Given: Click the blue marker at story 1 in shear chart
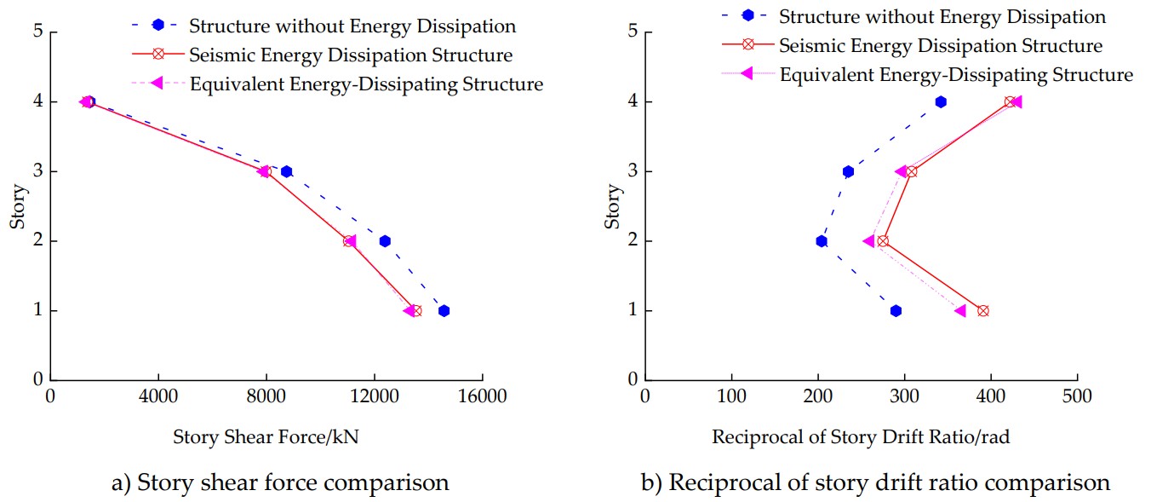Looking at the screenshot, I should [x=444, y=311].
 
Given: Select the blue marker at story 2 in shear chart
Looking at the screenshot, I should [x=385, y=241].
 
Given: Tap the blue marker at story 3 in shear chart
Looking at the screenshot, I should [x=286, y=171].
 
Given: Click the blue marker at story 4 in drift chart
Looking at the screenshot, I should [x=941, y=102].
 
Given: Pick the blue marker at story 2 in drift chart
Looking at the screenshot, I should [x=822, y=241].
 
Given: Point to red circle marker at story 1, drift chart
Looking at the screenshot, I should [x=983, y=311].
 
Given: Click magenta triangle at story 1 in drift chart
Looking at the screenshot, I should [x=961, y=311].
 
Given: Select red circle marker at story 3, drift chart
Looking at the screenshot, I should [x=912, y=171].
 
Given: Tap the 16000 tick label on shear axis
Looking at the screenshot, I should [x=482, y=397].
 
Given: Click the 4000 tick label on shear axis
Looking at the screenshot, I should [x=158, y=397].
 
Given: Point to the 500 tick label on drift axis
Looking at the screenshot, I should [x=1077, y=397].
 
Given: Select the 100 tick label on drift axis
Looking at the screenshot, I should [x=731, y=397].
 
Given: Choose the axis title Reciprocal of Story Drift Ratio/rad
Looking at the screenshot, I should [x=861, y=438].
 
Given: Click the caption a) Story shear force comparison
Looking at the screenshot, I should [x=280, y=483].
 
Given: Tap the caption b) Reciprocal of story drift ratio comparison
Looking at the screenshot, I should [x=875, y=483].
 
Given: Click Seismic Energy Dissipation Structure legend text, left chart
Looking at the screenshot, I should [x=351, y=56].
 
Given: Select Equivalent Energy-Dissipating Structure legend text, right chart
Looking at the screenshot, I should [x=956, y=75].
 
